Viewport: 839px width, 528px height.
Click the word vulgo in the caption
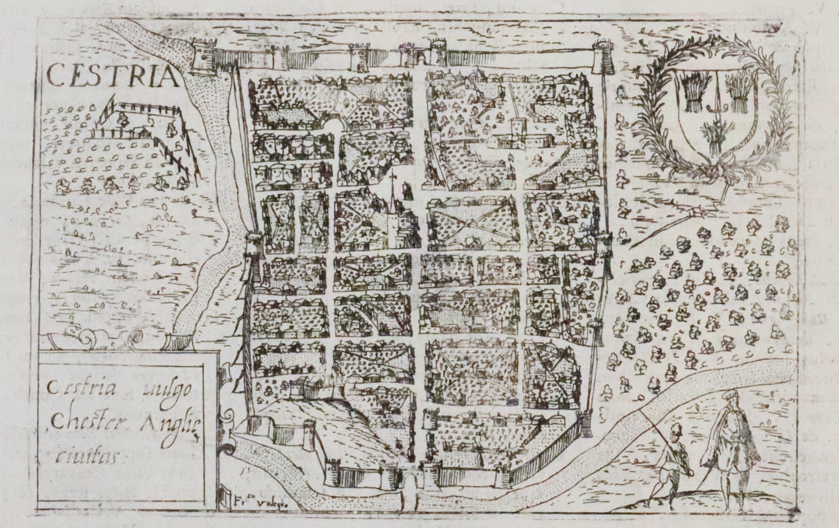167,390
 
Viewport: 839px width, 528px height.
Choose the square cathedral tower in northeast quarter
518,131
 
